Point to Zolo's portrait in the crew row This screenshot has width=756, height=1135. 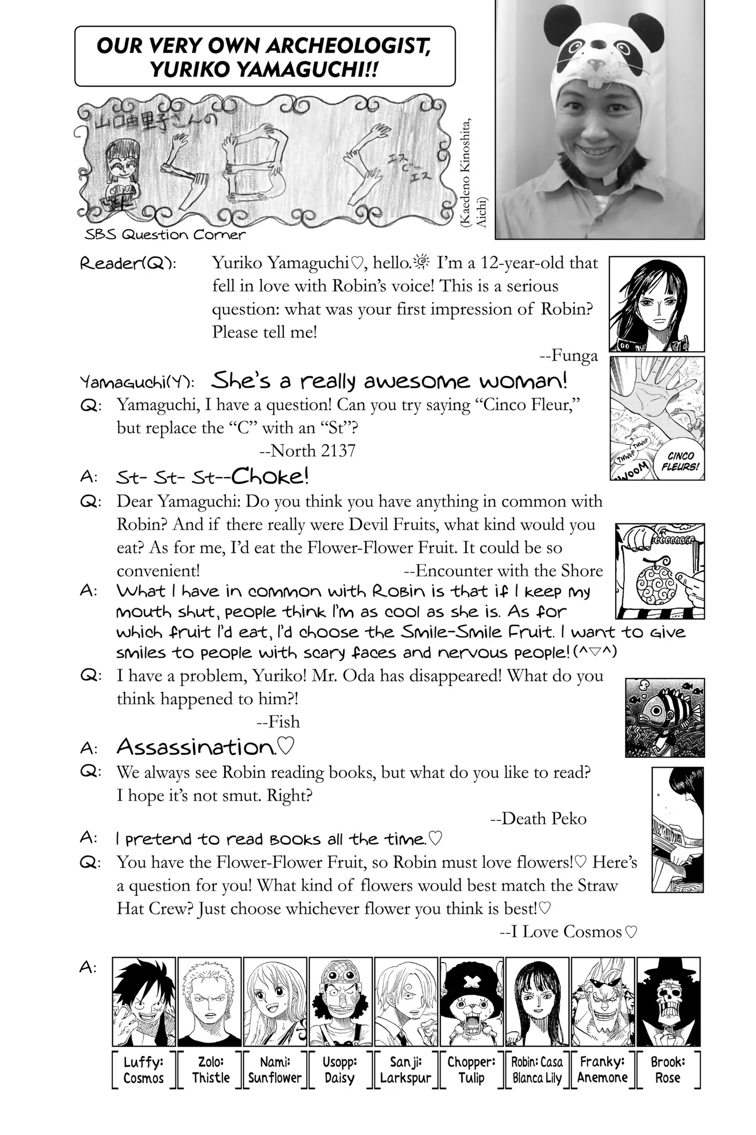(x=210, y=1001)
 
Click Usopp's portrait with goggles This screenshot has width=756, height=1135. (x=340, y=1001)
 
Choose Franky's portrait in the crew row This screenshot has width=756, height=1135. (x=603, y=1001)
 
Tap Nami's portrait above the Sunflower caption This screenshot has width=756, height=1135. (x=275, y=1001)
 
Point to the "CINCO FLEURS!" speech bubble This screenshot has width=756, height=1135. (x=680, y=461)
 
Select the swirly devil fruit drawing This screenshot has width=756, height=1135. (x=655, y=578)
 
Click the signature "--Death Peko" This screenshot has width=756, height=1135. (x=538, y=818)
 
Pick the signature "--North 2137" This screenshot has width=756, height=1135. (x=307, y=450)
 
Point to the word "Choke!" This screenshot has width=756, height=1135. (x=270, y=475)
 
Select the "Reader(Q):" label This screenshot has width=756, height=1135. (x=128, y=264)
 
